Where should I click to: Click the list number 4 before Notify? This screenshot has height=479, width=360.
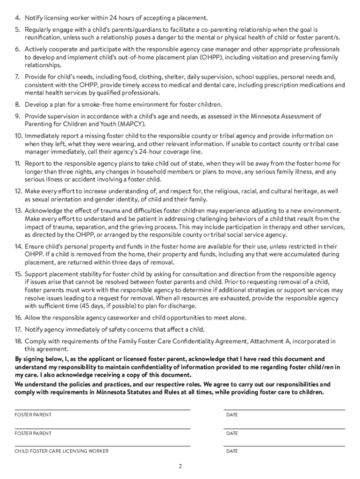[17, 18]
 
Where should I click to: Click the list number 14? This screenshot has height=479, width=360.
[18, 247]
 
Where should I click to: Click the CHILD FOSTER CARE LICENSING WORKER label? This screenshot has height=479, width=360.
[62, 451]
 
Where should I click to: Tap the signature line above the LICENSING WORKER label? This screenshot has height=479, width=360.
[102, 446]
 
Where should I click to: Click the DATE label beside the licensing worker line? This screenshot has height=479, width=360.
[232, 451]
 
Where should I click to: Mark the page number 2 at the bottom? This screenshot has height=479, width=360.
[180, 466]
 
